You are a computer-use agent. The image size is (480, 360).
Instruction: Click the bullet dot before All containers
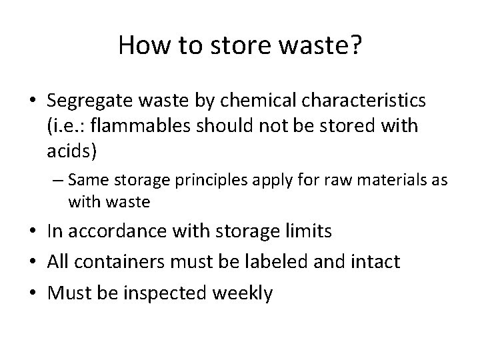(35, 262)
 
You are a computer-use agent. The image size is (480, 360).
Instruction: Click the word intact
(377, 262)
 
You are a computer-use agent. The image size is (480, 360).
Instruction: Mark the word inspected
(169, 293)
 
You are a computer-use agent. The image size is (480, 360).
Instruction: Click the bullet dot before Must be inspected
(35, 293)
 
